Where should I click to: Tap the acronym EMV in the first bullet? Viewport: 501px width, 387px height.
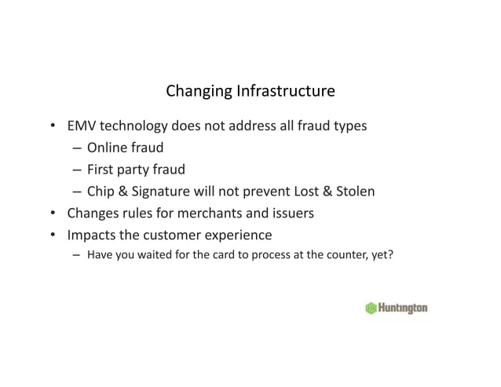(82, 125)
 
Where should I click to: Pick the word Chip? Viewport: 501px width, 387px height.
(102, 191)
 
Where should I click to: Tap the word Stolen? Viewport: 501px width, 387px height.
(355, 191)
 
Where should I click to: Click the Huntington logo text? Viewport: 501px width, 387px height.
(403, 309)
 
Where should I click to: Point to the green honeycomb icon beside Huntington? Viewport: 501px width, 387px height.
(371, 309)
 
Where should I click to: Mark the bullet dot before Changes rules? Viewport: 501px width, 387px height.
(52, 213)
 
